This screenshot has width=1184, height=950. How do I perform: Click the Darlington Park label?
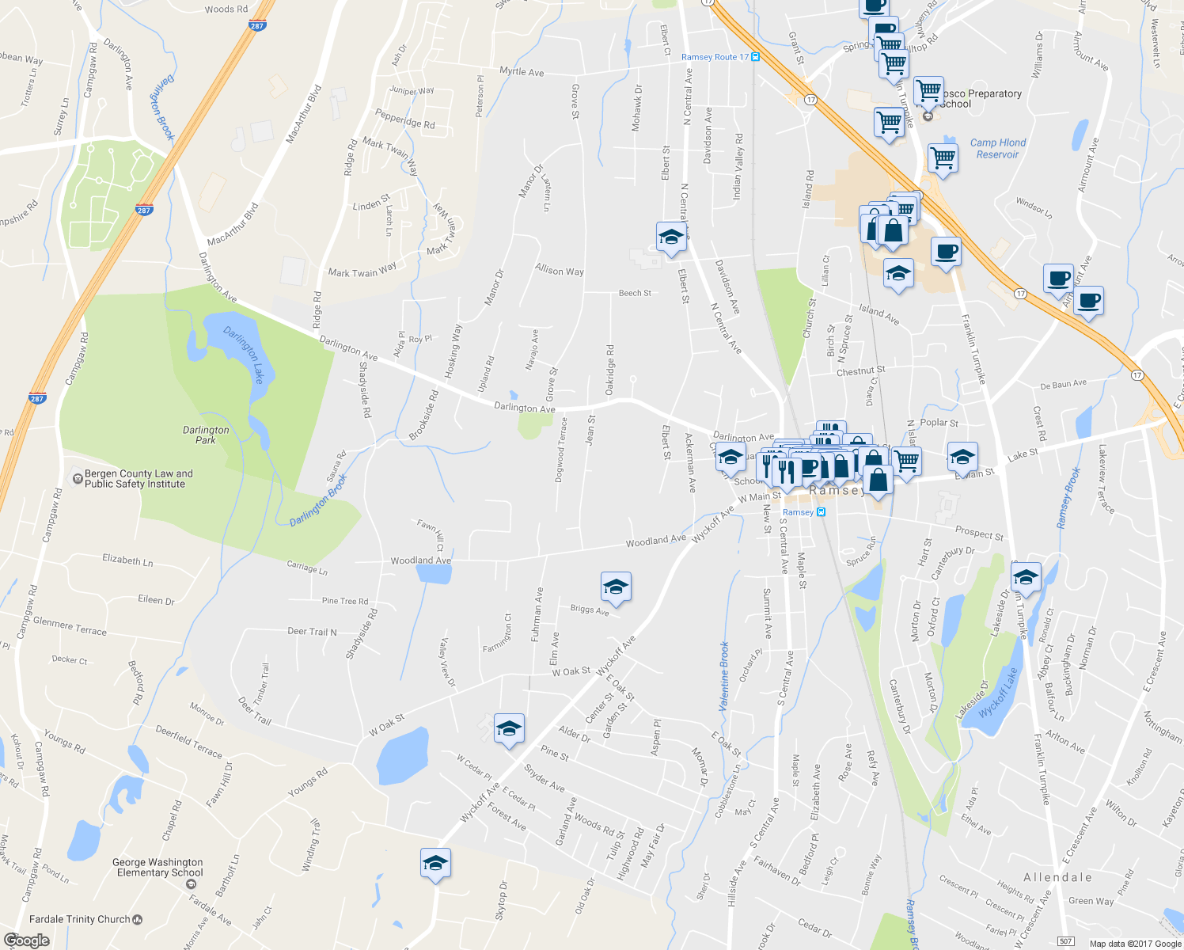tap(206, 435)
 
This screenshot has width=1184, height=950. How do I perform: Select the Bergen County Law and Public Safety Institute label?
tap(139, 479)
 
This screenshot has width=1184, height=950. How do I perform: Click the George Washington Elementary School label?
tap(158, 868)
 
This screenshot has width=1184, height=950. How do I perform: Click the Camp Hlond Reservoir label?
tap(997, 149)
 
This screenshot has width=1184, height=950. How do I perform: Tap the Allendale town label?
tap(1057, 877)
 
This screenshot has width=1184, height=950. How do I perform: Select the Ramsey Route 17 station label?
tap(715, 57)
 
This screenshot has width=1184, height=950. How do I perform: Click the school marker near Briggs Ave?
tap(616, 587)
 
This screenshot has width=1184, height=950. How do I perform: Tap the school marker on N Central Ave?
tap(671, 237)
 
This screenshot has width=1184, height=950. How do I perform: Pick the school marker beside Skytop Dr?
tap(435, 863)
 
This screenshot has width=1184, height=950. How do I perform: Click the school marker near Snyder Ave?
tap(509, 728)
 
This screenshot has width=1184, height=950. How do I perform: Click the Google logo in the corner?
tap(26, 940)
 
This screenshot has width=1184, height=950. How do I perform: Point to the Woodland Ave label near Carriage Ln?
tap(420, 560)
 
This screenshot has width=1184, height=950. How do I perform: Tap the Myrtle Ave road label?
tap(522, 71)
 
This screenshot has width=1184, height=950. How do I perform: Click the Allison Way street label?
tap(560, 270)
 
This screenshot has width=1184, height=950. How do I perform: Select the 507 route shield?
tap(1065, 941)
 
